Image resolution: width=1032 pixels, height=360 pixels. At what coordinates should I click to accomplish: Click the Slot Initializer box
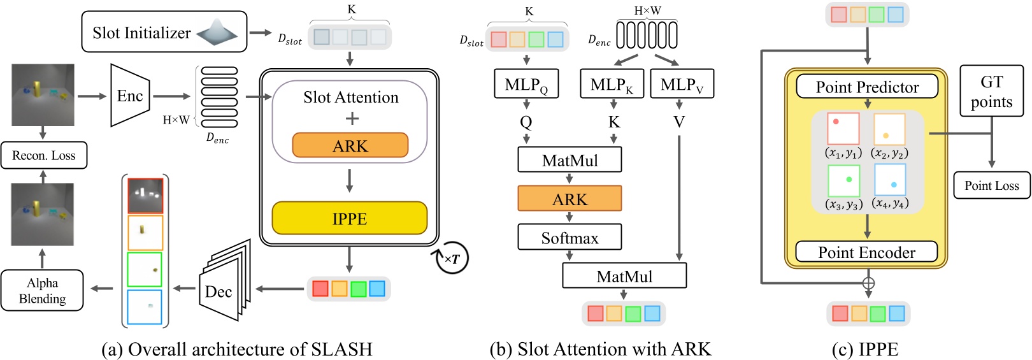click(x=164, y=32)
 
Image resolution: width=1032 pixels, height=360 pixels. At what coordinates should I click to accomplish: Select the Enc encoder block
click(x=129, y=96)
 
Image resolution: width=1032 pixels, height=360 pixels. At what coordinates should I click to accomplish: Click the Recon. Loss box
click(x=43, y=155)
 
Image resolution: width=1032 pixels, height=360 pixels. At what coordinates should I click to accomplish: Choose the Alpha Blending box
click(x=42, y=291)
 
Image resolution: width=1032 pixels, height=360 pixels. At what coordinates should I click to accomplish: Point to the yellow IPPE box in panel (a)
click(x=349, y=219)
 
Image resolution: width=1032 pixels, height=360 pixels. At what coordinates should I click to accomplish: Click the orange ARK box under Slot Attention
click(x=350, y=145)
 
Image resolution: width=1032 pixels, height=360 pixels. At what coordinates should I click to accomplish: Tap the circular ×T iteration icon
click(x=451, y=259)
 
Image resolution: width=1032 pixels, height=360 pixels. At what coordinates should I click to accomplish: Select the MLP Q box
click(x=526, y=84)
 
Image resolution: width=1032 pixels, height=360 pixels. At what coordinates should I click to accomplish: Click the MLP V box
click(x=682, y=84)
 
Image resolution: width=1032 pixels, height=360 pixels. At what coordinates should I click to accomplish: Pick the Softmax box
click(x=570, y=238)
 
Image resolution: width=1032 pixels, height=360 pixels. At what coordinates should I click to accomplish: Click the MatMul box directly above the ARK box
click(x=570, y=160)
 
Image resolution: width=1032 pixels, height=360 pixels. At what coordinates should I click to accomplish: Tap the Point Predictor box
click(x=867, y=87)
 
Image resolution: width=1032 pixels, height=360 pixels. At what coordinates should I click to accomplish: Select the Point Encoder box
click(x=866, y=252)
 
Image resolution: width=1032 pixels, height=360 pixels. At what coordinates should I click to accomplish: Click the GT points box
click(x=991, y=91)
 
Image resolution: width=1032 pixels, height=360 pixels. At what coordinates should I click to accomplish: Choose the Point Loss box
click(x=991, y=185)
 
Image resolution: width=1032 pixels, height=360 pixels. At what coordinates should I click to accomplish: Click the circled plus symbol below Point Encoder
click(x=868, y=283)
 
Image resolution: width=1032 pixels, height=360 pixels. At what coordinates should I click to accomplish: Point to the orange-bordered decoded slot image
click(x=145, y=233)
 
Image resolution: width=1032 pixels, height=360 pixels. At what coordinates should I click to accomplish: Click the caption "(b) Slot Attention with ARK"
click(x=600, y=349)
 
